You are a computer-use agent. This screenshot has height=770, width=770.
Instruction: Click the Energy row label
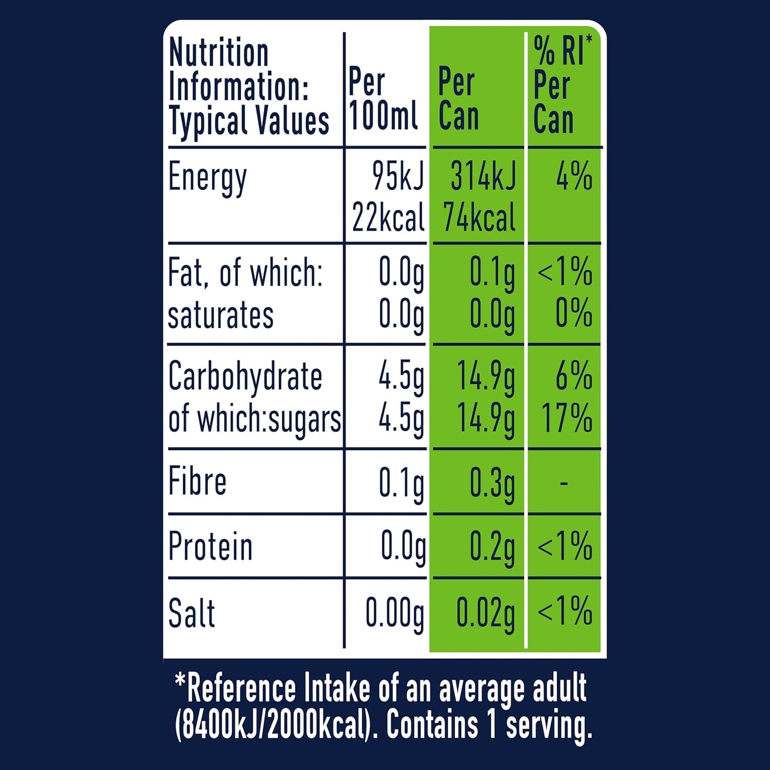coord(207,179)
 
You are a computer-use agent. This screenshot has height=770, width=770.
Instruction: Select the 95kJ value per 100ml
coord(398,176)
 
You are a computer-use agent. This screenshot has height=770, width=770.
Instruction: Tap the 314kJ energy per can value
coord(483,176)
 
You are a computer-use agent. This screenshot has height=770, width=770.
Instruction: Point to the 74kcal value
coord(479,217)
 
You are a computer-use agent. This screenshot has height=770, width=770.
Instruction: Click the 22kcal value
coord(388,217)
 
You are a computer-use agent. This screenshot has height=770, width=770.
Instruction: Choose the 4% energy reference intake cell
coord(574,176)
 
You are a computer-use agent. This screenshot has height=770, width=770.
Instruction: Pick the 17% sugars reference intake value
coord(567,418)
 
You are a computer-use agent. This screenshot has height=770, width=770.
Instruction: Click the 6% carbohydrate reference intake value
coord(573,376)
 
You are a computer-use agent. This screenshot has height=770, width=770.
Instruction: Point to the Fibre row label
coord(197,481)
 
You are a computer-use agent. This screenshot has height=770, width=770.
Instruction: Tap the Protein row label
coord(210,547)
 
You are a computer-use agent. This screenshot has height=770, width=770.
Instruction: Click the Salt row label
coord(191,613)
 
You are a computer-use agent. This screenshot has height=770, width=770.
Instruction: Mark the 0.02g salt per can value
coord(485,613)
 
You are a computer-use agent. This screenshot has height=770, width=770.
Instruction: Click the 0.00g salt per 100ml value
coord(395,613)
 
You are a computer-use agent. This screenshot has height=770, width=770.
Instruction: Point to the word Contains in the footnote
coord(432,725)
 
